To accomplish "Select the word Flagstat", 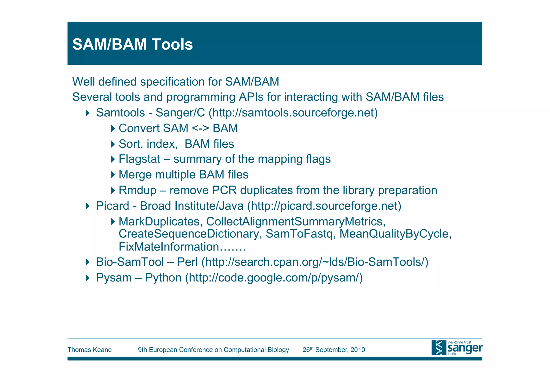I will (139, 159).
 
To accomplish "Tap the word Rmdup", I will (137, 190).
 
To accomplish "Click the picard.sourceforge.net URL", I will (324, 206).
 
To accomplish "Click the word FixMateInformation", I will (169, 247).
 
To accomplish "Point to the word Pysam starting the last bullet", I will (114, 278).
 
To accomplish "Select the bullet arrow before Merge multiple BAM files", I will (113, 175).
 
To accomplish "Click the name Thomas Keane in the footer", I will (89, 350).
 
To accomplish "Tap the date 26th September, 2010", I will (334, 350).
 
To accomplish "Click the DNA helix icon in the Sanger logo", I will (439, 348).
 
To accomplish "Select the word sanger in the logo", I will (465, 348).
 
